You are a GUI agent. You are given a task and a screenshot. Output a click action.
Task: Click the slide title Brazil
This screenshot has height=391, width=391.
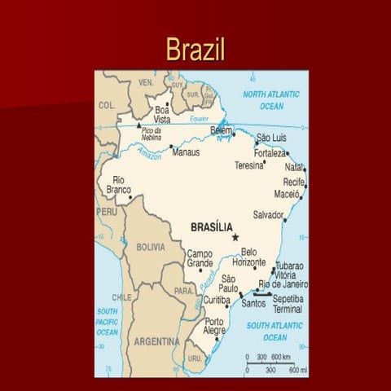(x=195, y=49)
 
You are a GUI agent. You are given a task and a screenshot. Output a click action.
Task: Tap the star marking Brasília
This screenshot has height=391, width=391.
(x=235, y=237)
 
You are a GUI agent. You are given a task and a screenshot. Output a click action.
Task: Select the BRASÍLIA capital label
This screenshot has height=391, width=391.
(x=211, y=227)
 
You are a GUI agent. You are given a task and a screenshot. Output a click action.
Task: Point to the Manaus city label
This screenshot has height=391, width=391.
(x=186, y=151)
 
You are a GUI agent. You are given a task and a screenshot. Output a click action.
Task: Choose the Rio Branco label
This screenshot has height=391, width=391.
(x=118, y=185)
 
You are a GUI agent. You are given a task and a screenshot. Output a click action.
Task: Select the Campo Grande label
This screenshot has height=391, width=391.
(x=200, y=258)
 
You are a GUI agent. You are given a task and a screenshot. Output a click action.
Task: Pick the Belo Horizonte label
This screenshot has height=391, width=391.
(x=248, y=257)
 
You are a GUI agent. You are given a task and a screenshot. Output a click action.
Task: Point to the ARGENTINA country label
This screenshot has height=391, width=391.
(x=156, y=340)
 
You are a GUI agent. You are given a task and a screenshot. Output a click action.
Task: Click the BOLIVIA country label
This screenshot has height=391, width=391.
(x=150, y=246)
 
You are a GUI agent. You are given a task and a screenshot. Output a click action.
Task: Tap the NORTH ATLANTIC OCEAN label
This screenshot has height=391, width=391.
(x=271, y=100)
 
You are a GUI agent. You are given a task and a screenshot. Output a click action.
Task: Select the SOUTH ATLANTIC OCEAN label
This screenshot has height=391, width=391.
(x=275, y=331)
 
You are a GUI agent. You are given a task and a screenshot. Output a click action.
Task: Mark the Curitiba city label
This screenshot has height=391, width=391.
(x=217, y=301)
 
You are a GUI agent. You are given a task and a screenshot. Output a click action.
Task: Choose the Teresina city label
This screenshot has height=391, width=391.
(x=249, y=164)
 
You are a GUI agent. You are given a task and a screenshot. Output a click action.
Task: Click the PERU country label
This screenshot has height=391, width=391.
(x=107, y=211)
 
